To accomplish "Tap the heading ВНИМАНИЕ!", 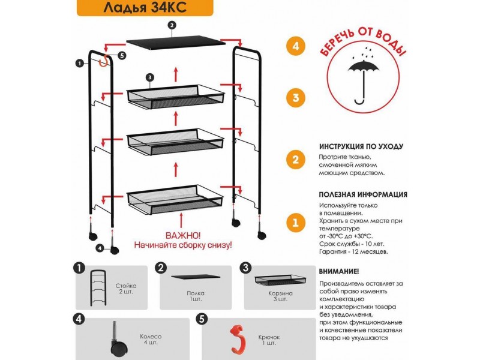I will pos(339,271).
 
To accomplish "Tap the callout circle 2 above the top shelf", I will pos(172,25).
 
